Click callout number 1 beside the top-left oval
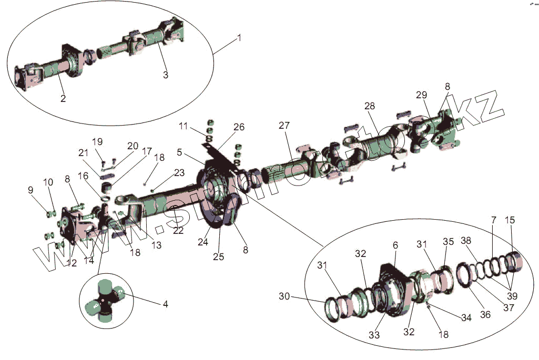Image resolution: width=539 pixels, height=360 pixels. point(239,38)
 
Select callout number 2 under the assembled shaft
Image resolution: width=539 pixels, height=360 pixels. point(63,98)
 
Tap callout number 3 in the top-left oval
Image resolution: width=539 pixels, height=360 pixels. point(165,75)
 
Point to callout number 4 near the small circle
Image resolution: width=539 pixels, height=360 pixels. point(165,304)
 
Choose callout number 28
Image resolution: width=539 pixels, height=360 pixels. point(370,106)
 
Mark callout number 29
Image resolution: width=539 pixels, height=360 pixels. point(421,95)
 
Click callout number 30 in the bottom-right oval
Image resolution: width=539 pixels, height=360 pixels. point(284,297)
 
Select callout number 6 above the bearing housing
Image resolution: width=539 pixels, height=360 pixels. point(395,245)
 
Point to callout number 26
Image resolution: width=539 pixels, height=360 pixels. point(239,127)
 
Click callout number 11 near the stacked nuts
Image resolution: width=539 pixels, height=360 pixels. point(182,126)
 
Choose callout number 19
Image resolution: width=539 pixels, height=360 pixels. point(98,141)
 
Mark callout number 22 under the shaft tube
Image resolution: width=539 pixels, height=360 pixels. point(178,231)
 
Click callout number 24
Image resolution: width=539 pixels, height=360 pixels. point(203,242)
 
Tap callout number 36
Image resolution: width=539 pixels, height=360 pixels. point(485,315)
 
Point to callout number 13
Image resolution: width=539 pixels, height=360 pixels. point(156,245)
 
